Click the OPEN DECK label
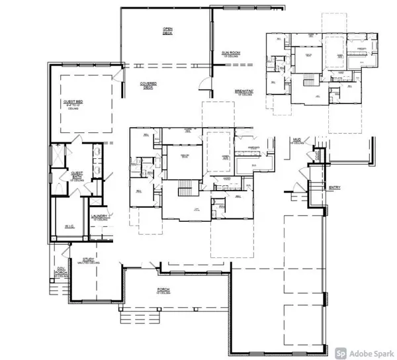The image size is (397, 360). coord(168,30)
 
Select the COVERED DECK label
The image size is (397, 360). coord(148,85)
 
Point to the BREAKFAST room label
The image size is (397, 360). coord(245,92)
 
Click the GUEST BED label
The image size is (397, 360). coord(72,103)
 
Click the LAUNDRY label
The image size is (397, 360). coord(100,216)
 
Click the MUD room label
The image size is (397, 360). coord(296,140)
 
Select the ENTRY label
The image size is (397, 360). coord(334,187)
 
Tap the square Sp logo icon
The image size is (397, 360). coord(340,353)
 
